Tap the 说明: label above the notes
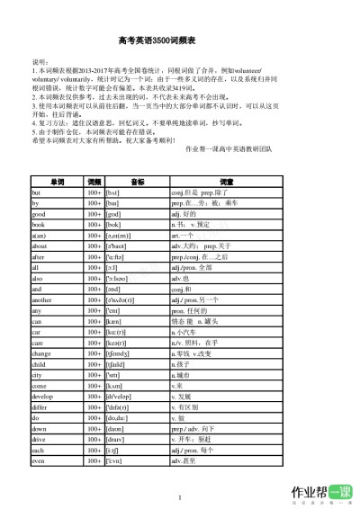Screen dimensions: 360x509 pos(40,60)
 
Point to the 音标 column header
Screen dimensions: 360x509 pos(137,181)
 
